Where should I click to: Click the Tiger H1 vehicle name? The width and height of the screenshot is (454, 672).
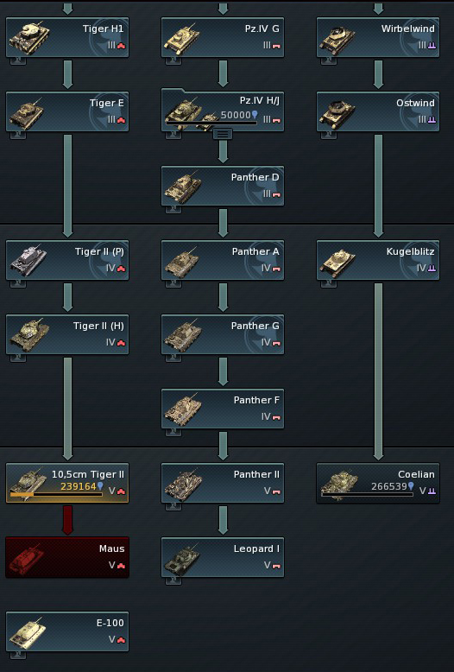point(103,29)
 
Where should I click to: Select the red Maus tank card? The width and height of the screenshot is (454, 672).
point(67,557)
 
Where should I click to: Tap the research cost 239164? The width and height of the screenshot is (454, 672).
point(79,486)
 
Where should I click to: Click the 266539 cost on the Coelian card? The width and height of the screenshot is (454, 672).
point(389,486)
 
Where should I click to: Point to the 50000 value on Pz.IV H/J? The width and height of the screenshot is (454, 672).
point(236,115)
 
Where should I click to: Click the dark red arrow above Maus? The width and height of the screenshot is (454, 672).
point(67,520)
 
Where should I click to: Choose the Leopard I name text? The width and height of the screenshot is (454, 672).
point(256,548)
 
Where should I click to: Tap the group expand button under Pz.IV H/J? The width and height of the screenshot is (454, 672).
point(223,134)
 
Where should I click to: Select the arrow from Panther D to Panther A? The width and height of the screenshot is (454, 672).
point(223,223)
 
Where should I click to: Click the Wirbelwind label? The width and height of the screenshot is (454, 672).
point(407,29)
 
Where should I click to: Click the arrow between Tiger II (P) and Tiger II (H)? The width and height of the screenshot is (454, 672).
point(67,297)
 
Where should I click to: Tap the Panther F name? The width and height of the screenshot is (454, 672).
point(256,400)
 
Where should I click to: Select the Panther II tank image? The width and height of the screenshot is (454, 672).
point(183,484)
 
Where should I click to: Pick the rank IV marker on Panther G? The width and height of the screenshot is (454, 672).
point(266,342)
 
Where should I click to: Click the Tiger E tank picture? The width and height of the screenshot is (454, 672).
point(28,112)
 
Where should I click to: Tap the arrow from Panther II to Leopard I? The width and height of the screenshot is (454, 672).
point(223,520)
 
